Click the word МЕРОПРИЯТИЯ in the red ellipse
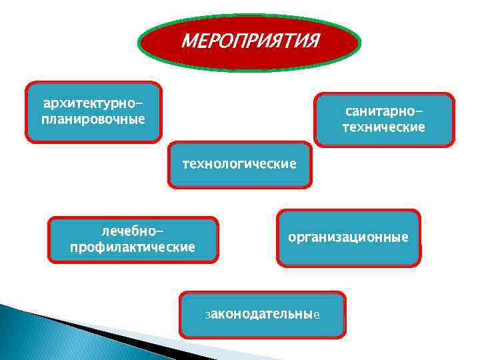[x=250, y=41]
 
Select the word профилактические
[x=133, y=247]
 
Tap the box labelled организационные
[x=348, y=237]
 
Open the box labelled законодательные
[x=263, y=313]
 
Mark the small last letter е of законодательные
[x=317, y=314]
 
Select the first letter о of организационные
[x=291, y=237]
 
